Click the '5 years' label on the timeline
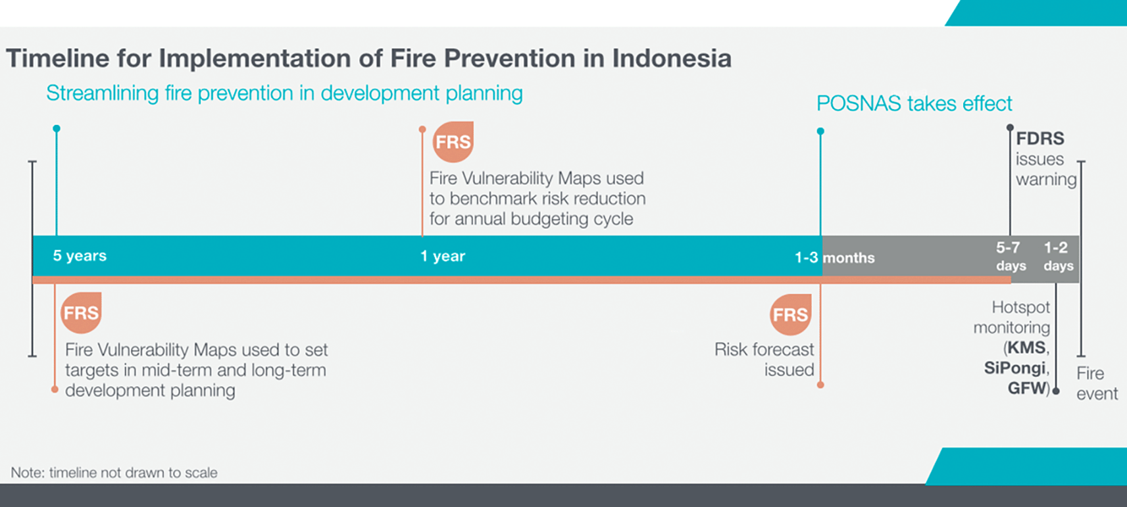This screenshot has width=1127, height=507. tap(80, 256)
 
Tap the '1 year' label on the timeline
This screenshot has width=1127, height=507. tap(443, 256)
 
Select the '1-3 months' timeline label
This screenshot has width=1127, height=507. tap(835, 258)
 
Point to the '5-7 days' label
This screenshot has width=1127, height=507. tap(1011, 256)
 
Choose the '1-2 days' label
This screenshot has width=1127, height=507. tap(1058, 256)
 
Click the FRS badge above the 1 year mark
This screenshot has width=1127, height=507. tap(453, 142)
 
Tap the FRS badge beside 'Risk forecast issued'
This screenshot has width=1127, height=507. tap(790, 315)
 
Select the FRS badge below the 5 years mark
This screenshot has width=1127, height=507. tap(81, 313)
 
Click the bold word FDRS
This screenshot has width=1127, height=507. tap(1040, 138)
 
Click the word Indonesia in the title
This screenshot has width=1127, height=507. tap(672, 59)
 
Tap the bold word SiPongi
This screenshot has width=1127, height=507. tap(1014, 368)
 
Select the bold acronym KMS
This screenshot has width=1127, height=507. tap(1026, 348)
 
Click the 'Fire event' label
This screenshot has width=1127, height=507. tap(1097, 383)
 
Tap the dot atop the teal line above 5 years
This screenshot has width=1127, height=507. tap(57, 129)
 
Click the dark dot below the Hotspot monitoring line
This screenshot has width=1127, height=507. tap(1056, 391)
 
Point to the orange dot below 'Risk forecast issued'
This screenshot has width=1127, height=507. tap(820, 385)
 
